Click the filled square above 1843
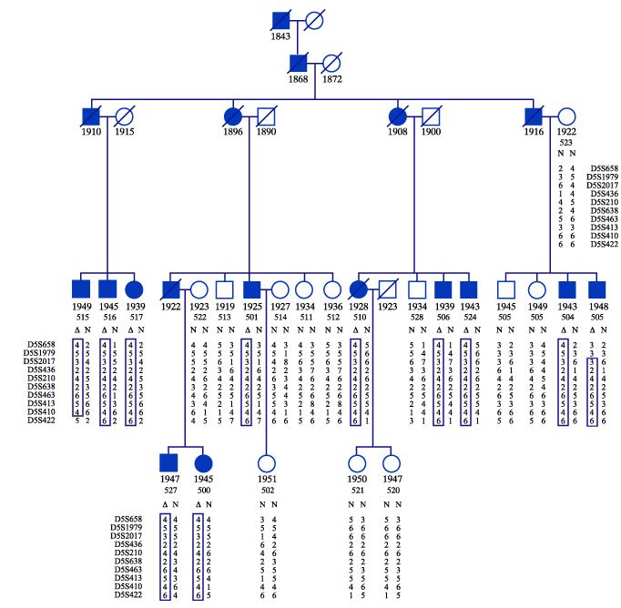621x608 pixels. coord(280,19)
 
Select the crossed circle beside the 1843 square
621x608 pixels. coord(313,19)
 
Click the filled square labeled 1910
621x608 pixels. coord(90,117)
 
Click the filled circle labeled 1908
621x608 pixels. coord(398,117)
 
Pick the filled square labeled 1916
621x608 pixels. coord(534,117)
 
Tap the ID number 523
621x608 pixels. coord(565,142)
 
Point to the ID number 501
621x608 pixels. coord(252,316)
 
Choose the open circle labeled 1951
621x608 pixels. coord(266,462)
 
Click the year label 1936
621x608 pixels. coord(333,306)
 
